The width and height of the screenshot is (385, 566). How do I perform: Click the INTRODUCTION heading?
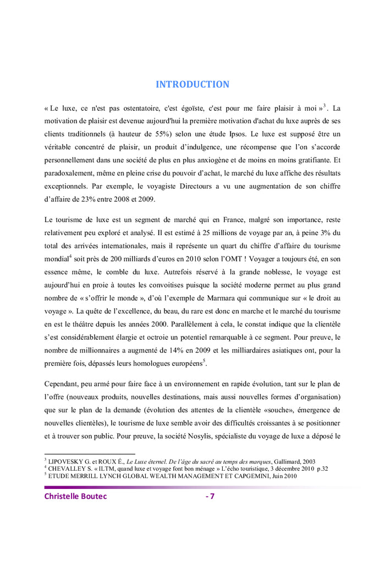192,84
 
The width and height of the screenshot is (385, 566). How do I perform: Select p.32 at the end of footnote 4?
321,469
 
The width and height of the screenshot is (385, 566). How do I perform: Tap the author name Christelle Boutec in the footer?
75,497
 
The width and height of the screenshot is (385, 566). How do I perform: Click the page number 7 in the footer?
212,497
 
